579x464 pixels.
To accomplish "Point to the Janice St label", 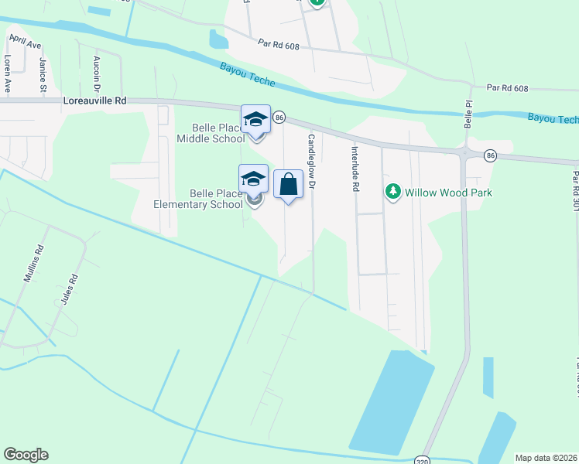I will (x=43, y=73).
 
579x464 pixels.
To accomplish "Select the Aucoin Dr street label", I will (x=96, y=72).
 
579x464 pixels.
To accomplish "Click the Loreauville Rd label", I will (x=95, y=101).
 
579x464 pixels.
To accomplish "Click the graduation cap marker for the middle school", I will (x=256, y=119).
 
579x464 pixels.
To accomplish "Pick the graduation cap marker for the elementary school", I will (x=254, y=179).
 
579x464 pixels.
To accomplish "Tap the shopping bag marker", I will (x=288, y=184).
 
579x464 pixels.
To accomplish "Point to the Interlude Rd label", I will (x=355, y=169).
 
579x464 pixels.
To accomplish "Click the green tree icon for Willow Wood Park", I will (x=393, y=191).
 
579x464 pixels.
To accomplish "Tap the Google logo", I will (x=26, y=455).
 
